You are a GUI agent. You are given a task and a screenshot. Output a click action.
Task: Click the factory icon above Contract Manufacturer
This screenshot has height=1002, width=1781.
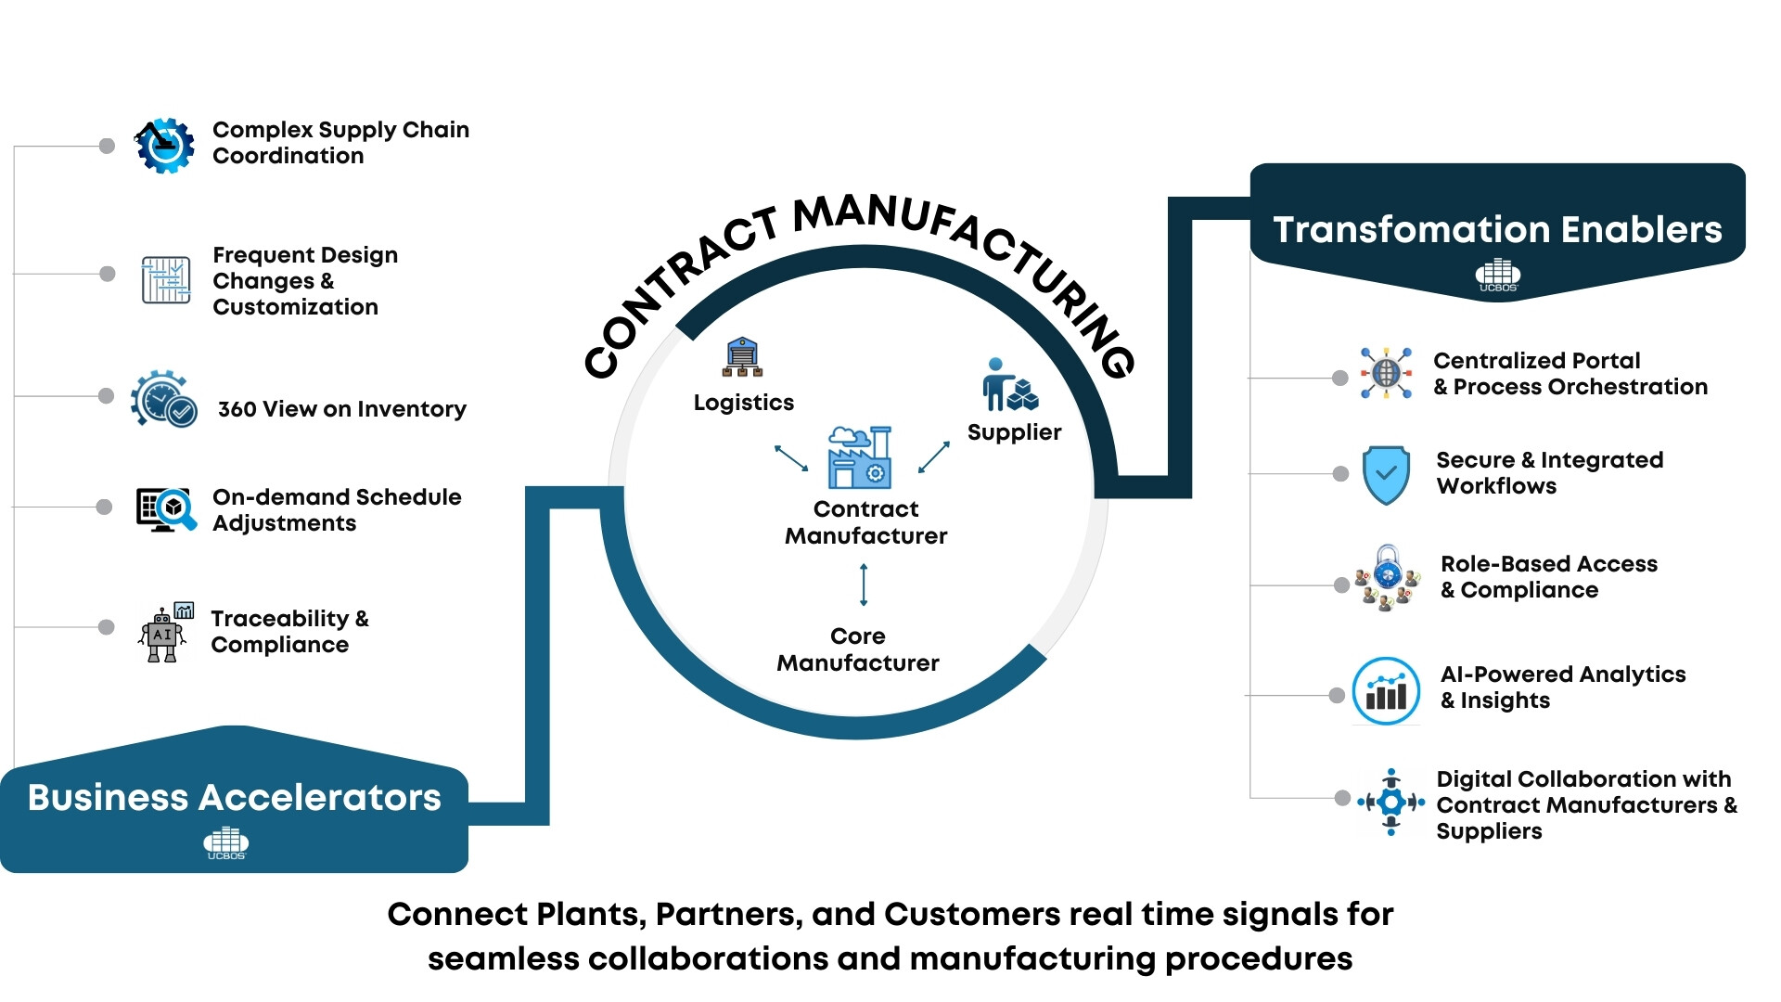click(860, 458)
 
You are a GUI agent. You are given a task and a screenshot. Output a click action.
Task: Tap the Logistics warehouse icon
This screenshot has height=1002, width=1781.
click(742, 358)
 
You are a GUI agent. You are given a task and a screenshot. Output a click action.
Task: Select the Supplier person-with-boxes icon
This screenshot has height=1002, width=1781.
click(1010, 385)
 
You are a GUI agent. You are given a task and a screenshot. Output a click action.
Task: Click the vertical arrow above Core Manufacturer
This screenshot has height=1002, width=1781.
click(864, 584)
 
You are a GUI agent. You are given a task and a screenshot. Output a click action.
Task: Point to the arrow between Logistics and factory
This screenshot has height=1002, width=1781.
click(791, 458)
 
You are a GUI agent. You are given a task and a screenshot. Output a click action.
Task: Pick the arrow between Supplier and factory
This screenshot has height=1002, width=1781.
click(934, 457)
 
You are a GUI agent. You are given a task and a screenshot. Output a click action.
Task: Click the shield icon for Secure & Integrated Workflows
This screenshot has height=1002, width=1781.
click(1386, 475)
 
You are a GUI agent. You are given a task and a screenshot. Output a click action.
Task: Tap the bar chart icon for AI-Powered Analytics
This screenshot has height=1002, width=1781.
click(1386, 691)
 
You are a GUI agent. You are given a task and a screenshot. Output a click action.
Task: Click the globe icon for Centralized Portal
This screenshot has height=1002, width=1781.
click(1386, 373)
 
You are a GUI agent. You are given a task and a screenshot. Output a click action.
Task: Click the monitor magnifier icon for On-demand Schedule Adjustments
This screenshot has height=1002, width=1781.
click(166, 509)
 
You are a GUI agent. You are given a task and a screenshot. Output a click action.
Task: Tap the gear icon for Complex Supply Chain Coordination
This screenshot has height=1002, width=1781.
click(165, 146)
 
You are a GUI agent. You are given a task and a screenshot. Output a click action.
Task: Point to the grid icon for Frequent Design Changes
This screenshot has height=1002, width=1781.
click(166, 279)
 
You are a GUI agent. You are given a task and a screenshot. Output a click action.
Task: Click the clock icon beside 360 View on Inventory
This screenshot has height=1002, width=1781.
click(163, 400)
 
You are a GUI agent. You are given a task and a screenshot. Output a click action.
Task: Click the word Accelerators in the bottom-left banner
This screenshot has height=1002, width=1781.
click(320, 798)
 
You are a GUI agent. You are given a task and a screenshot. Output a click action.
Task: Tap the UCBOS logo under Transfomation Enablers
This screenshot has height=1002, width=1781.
click(1498, 276)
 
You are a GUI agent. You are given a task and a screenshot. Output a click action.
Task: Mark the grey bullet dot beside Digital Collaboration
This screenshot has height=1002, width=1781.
click(1342, 798)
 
